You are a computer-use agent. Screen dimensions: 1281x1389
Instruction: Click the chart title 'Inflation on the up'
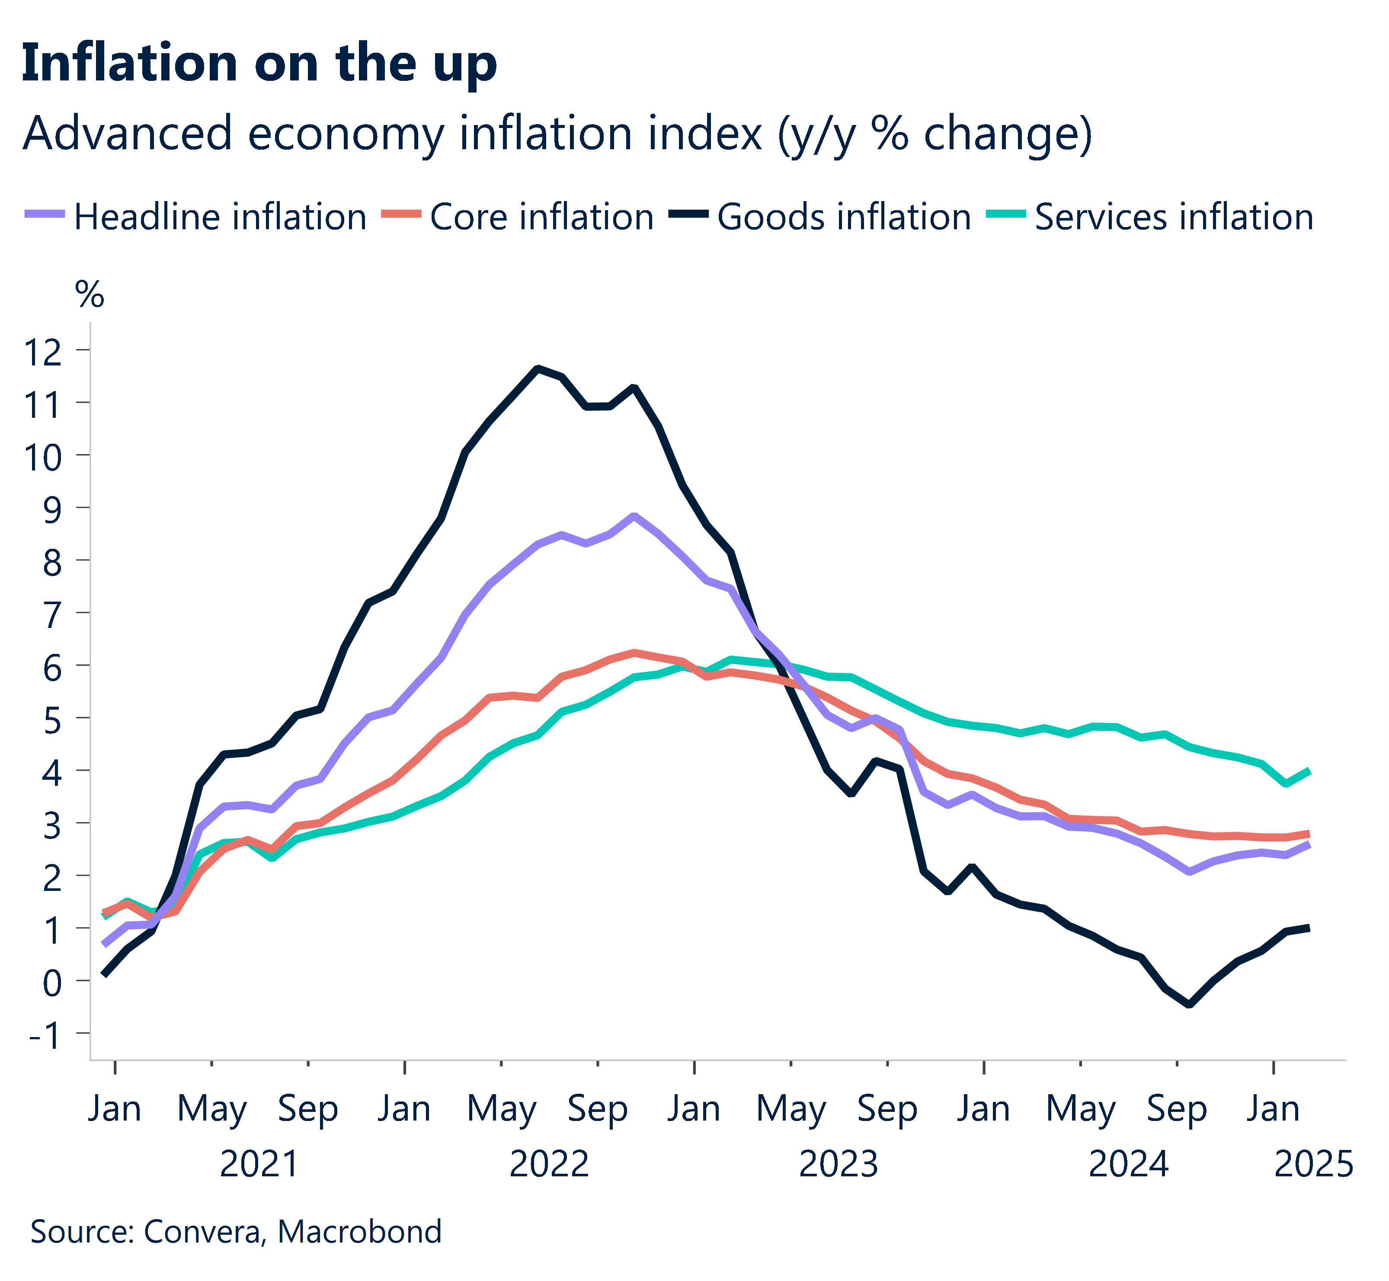point(259,64)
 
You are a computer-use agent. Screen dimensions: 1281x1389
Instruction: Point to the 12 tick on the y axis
point(43,352)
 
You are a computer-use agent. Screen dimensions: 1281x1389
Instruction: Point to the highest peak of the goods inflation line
point(537,368)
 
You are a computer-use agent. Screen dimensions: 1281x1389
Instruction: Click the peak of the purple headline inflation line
point(634,516)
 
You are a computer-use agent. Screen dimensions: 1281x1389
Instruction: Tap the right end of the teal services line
point(1308,771)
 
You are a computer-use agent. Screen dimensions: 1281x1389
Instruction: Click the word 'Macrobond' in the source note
point(359,1231)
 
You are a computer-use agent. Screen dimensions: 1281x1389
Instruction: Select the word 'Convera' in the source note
point(203,1231)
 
